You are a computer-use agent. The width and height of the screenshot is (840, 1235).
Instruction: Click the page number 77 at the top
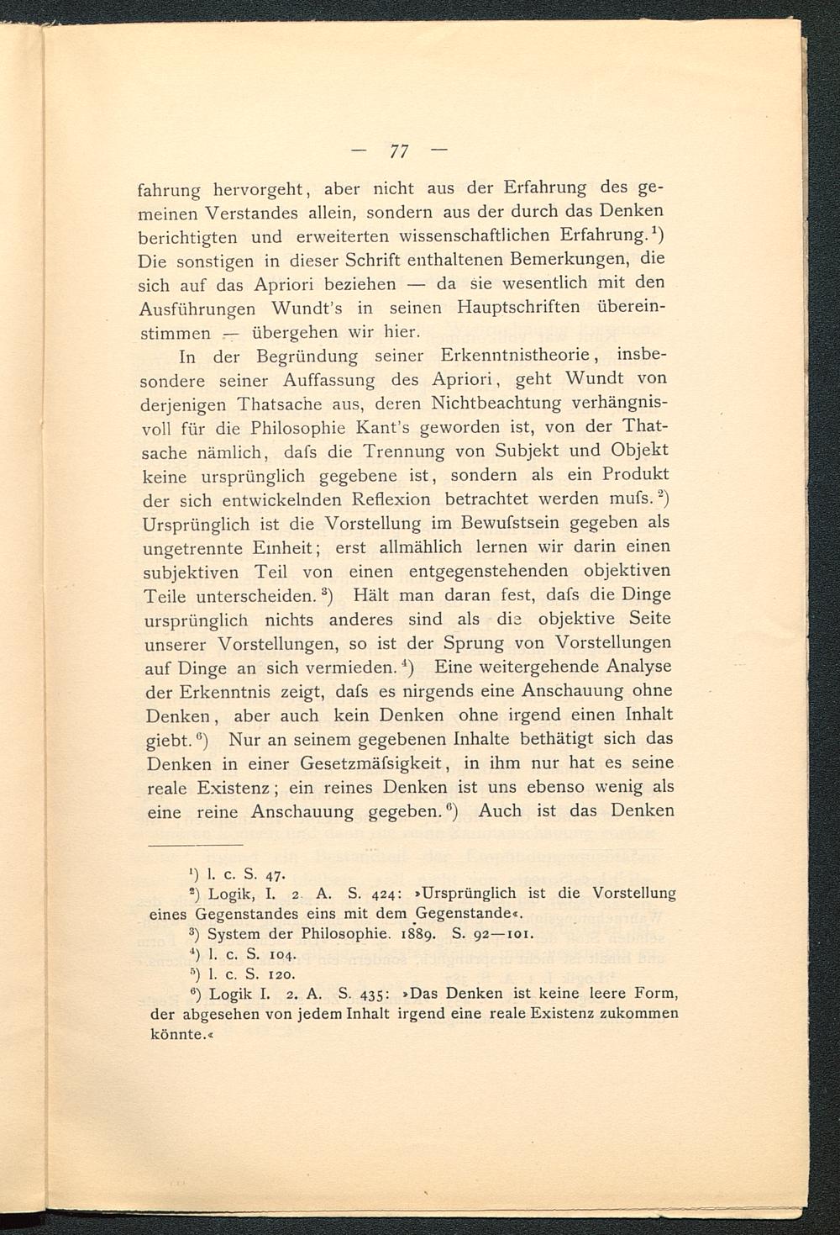click(398, 151)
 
